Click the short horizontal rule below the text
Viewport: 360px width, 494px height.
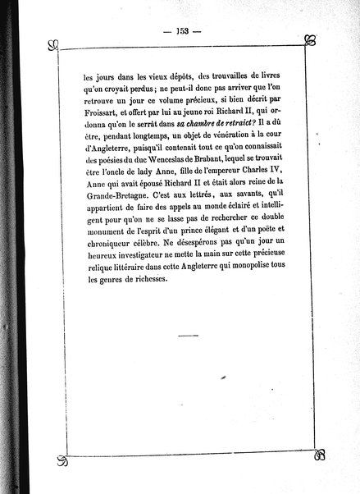(x=187, y=336)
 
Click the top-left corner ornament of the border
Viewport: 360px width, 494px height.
(x=53, y=43)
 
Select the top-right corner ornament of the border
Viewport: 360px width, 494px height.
(x=311, y=40)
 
